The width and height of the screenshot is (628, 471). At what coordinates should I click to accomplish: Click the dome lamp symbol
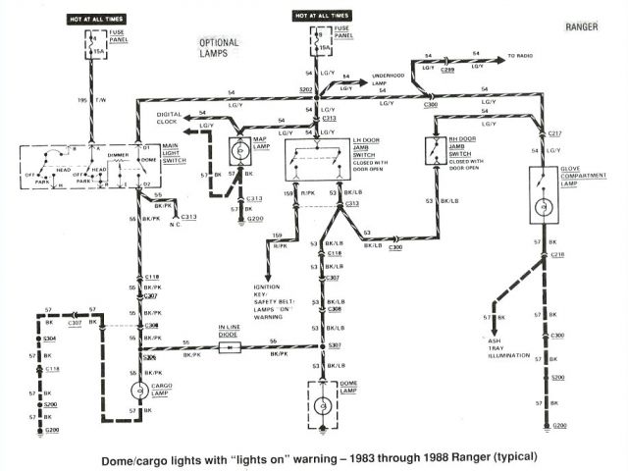321,405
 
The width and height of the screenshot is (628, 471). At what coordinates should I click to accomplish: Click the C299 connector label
447,72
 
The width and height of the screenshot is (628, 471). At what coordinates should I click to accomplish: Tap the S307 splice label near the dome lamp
335,345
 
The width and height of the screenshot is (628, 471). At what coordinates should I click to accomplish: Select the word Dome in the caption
123,456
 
